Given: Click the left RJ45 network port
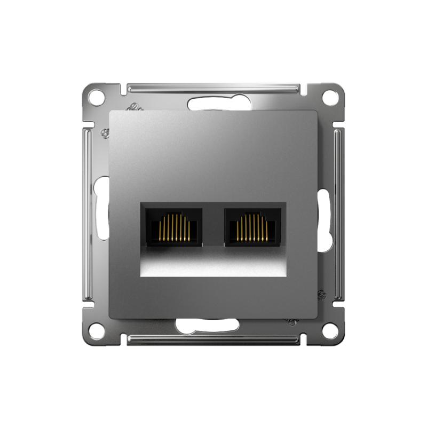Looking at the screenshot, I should tap(174, 227).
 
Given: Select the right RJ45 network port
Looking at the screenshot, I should tap(252, 227).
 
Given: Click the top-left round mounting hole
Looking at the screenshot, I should tap(96, 97).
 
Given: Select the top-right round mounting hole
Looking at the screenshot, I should tap(330, 97).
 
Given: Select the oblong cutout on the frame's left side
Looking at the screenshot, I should tap(101, 208).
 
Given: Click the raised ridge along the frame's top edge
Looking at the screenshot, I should tap(213, 86).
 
